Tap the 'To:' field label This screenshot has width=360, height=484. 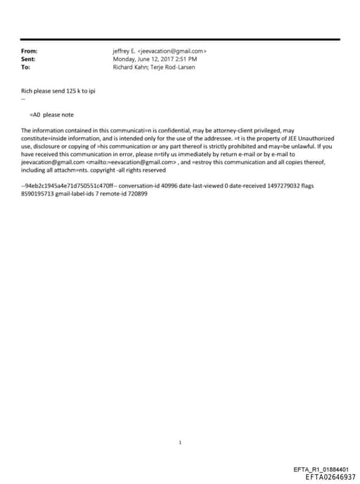[26, 68]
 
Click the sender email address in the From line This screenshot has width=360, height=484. [172, 51]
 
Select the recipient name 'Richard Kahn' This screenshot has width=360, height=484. [129, 68]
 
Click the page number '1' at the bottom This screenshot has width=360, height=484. [180, 423]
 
